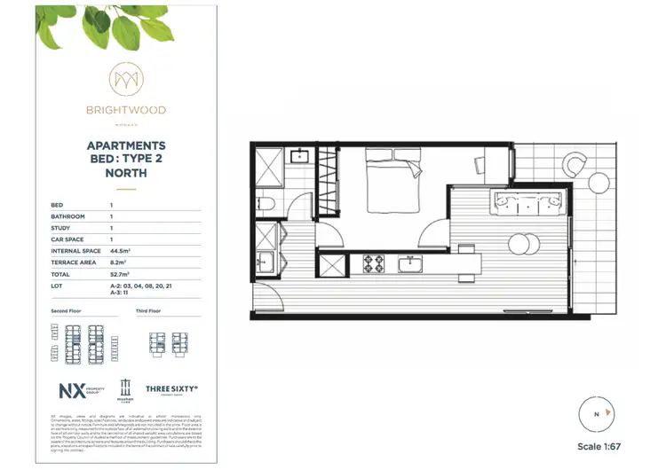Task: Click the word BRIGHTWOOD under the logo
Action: [x=125, y=111]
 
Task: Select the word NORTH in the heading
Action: [x=125, y=174]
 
